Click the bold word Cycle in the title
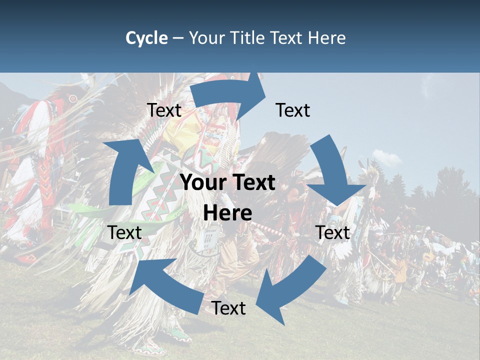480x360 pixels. [x=146, y=38]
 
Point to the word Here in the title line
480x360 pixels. [x=325, y=38]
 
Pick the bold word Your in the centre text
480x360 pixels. [x=203, y=183]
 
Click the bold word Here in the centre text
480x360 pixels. [x=227, y=213]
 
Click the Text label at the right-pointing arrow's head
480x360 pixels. [x=293, y=110]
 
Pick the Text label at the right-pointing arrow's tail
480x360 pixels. [x=164, y=110]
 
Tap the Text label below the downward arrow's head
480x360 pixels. [x=332, y=232]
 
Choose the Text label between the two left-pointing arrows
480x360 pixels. [x=228, y=308]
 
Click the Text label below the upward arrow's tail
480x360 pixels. [x=125, y=232]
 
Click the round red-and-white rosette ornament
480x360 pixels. [x=73, y=98]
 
